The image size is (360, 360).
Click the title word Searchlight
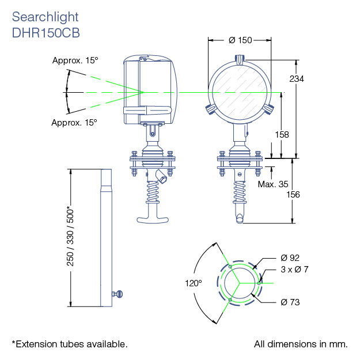(45, 17)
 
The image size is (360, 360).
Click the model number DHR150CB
(46, 33)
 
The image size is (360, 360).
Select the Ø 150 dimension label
(240, 40)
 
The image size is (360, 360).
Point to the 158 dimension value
(282, 134)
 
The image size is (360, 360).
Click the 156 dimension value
(294, 195)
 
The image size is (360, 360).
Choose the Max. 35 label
(273, 184)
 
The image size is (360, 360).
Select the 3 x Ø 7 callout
(295, 269)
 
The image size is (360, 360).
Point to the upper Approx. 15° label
(75, 60)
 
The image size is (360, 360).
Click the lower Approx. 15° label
(74, 122)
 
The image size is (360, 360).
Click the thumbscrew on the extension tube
(119, 295)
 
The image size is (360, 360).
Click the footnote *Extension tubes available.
(70, 344)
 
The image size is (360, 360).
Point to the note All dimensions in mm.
(301, 344)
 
